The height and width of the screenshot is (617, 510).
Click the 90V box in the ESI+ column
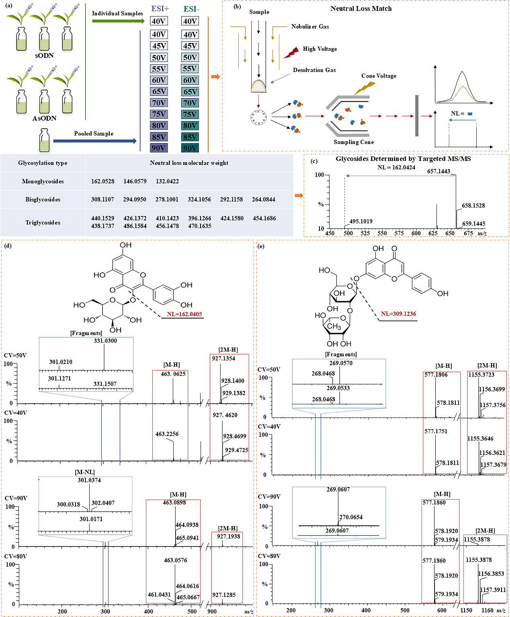[159, 148]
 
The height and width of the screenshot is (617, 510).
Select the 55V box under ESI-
[190, 69]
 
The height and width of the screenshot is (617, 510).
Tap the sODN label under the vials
[44, 56]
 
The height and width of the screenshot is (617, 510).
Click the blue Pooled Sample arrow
[95, 141]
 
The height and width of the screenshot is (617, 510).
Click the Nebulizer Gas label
[310, 27]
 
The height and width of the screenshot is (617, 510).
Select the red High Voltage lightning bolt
[291, 52]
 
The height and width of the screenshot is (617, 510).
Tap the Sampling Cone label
[354, 142]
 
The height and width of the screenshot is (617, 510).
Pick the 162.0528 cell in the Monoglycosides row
[102, 181]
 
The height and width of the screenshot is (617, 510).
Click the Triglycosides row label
[43, 222]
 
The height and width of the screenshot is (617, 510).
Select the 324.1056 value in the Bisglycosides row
[199, 199]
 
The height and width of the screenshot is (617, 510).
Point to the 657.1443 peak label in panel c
[438, 171]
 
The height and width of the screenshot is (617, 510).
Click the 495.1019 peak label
[360, 221]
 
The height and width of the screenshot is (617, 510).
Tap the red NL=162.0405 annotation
[184, 314]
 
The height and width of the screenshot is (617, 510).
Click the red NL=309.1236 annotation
[398, 314]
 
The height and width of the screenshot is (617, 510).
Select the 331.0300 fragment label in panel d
[105, 341]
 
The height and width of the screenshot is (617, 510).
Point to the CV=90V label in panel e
[269, 496]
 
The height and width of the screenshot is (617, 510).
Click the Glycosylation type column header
[43, 163]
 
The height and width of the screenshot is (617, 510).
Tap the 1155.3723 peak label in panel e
[481, 374]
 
